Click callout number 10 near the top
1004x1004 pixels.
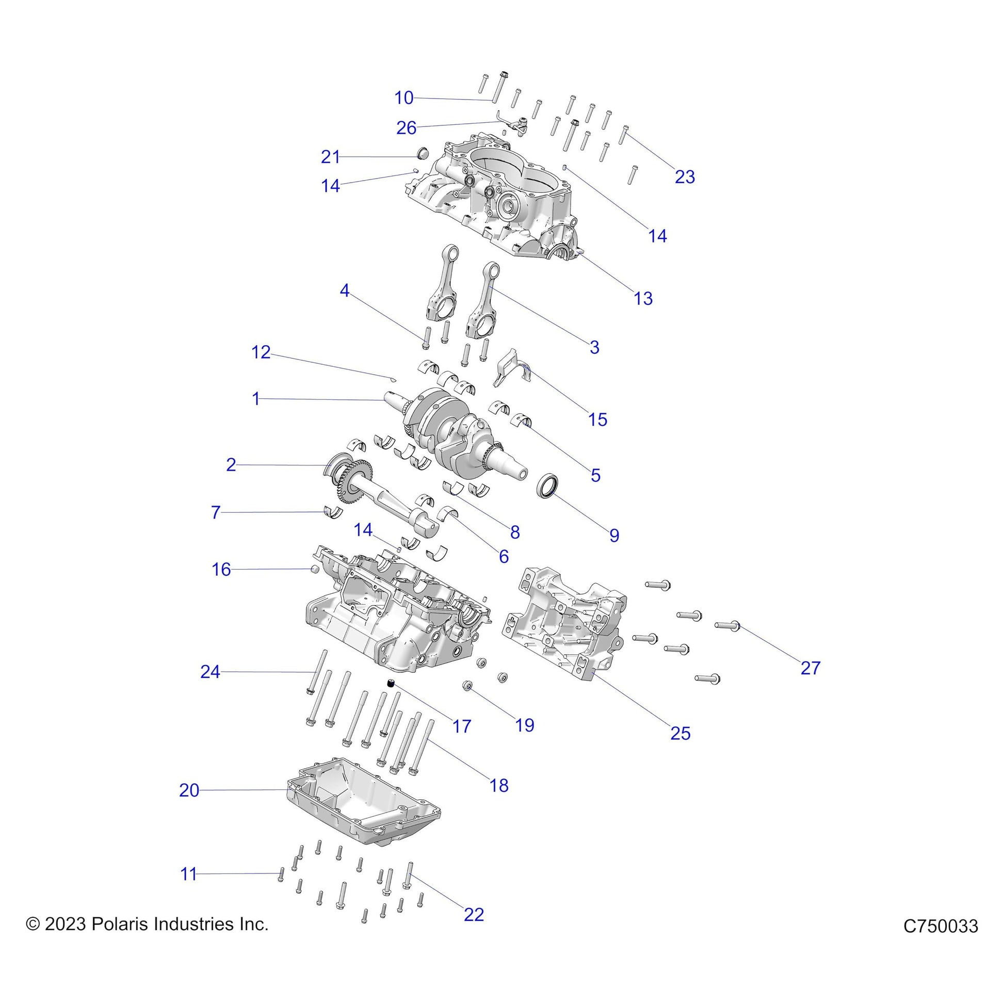pos(404,98)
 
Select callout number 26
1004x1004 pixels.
pos(407,128)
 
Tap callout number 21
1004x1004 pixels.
pos(331,156)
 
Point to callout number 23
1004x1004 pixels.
pos(685,176)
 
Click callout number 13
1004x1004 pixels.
pos(643,298)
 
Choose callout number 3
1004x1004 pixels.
pos(594,347)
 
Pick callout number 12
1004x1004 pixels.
pos(261,352)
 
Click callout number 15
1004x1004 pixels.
pos(597,419)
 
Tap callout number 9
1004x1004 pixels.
pos(614,535)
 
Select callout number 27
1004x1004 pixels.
pos(810,668)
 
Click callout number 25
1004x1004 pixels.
pos(680,733)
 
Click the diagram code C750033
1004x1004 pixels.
pos(941,926)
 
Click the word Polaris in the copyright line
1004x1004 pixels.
pos(116,924)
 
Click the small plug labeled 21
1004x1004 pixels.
pos(424,153)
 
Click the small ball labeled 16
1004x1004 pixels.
pos(314,570)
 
